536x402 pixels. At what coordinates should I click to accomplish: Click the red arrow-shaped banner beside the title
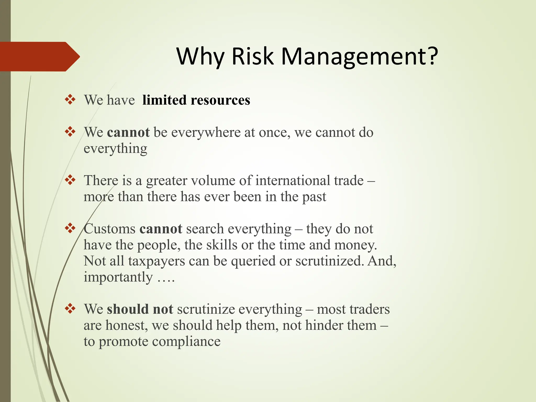click(x=39, y=57)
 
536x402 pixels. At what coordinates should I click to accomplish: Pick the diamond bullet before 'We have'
click(x=70, y=100)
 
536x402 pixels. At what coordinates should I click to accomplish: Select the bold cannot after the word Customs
click(x=161, y=229)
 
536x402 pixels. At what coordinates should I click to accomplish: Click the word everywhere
click(x=206, y=132)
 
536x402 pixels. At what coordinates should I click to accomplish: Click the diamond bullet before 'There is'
click(x=70, y=180)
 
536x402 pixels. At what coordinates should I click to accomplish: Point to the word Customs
click(x=110, y=229)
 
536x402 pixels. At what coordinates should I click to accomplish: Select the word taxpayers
click(x=157, y=261)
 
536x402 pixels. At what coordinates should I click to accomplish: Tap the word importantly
click(x=118, y=277)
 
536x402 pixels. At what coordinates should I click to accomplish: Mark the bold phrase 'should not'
click(x=140, y=309)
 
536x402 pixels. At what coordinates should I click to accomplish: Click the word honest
click(x=126, y=326)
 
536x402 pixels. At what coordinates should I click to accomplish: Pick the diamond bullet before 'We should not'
click(x=70, y=309)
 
